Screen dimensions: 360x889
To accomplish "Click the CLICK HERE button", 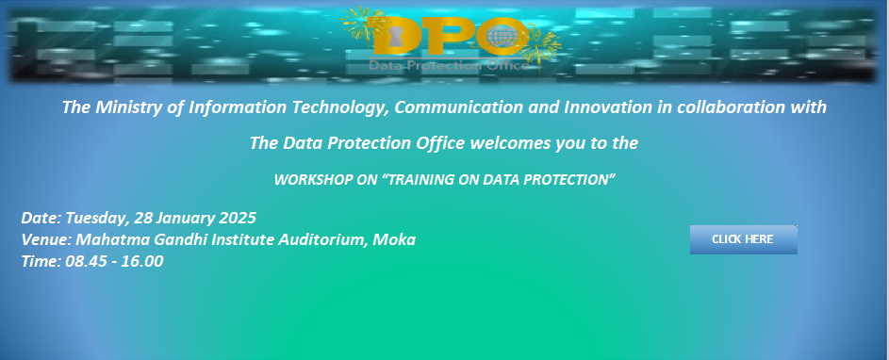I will [743, 239].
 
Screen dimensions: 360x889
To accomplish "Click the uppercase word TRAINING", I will [424, 180].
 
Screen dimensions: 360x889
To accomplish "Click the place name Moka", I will [395, 240].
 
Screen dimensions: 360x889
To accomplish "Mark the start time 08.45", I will [85, 261].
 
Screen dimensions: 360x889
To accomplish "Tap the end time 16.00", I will [142, 261].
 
